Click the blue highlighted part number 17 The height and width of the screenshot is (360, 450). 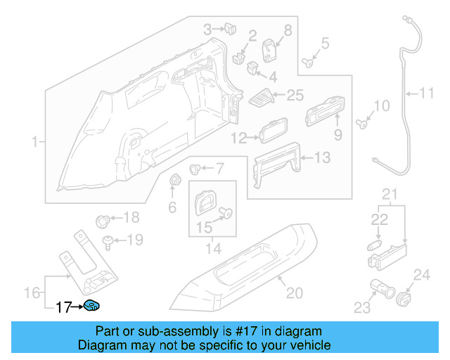click(92, 306)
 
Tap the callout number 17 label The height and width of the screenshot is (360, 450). click(64, 307)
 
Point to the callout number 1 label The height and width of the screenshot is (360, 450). click(34, 143)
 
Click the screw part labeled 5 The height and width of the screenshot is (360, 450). click(308, 63)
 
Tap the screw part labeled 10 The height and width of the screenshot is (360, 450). click(362, 124)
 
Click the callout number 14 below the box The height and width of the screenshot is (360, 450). click(212, 248)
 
